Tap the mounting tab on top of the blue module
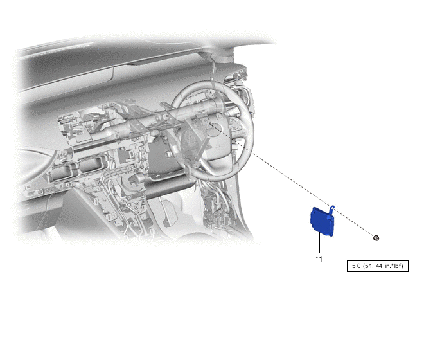(331, 208)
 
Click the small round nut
(376, 239)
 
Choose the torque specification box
(377, 265)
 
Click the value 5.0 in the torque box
(355, 265)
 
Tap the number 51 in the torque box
(369, 265)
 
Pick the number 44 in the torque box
(380, 265)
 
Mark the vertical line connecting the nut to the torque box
(376, 250)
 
